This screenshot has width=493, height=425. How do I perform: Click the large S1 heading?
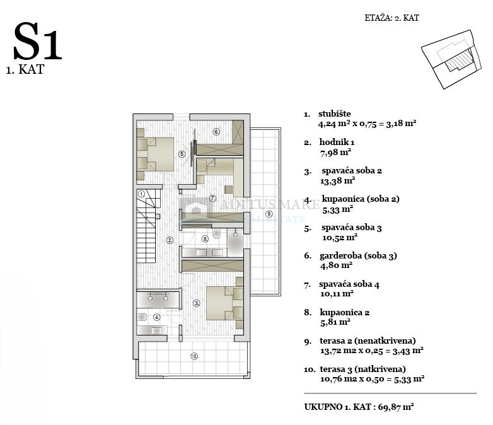37,41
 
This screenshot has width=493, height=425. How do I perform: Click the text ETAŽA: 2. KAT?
391,18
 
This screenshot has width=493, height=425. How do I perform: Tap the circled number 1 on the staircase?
142,194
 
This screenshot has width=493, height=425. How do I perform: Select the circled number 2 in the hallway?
170,241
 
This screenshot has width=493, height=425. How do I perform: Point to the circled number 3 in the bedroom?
197,303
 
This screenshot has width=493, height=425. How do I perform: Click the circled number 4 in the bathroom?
156,317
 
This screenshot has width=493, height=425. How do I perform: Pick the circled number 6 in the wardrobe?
216,132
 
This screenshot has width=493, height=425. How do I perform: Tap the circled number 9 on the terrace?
269,214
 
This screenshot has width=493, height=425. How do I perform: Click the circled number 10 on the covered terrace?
194,356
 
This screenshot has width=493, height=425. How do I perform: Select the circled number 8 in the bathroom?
205,239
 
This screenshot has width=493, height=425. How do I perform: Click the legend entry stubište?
335,114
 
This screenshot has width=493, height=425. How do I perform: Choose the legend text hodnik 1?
337,142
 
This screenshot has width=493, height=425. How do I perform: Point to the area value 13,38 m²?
338,181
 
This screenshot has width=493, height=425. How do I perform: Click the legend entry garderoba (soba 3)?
359,256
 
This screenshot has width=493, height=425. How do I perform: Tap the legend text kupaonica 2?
345,312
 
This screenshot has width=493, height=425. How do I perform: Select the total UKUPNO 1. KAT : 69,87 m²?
359,407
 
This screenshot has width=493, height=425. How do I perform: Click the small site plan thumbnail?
451,59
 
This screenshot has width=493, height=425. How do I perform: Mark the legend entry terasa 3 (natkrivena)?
363,369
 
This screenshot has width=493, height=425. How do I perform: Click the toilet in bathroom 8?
216,233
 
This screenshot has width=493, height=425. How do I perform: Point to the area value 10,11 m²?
337,294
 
